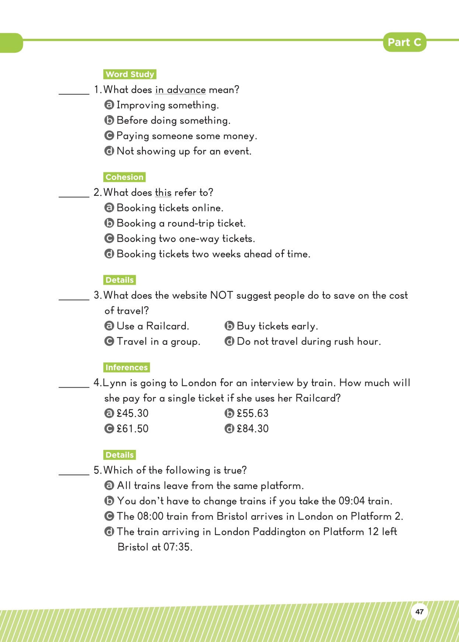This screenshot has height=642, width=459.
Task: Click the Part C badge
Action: point(404,42)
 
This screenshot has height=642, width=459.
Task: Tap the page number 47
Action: point(419,612)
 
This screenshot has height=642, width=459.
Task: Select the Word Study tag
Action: point(130,74)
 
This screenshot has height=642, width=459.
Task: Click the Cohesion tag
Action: point(124,177)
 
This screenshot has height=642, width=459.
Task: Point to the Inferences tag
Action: point(126,367)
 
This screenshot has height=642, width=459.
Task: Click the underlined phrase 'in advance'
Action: point(180,90)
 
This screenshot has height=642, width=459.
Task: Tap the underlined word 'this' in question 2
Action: point(163,192)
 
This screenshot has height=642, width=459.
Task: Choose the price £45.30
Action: point(132,413)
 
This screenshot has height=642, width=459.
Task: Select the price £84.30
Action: point(253,429)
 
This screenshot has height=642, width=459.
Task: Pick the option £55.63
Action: point(253,413)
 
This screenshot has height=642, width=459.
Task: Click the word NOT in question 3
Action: point(222,295)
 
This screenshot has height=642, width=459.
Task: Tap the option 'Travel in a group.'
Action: point(158,341)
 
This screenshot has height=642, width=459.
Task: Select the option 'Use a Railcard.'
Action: point(153,326)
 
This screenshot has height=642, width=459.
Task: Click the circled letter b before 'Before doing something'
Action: point(109,121)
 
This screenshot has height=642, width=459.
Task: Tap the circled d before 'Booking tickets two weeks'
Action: point(109,254)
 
